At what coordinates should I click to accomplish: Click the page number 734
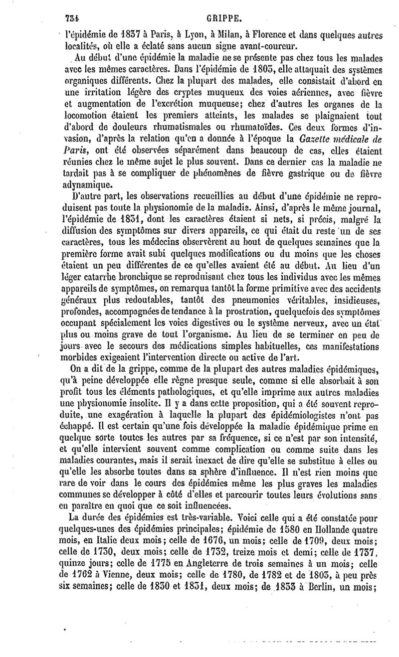click(73, 6)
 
